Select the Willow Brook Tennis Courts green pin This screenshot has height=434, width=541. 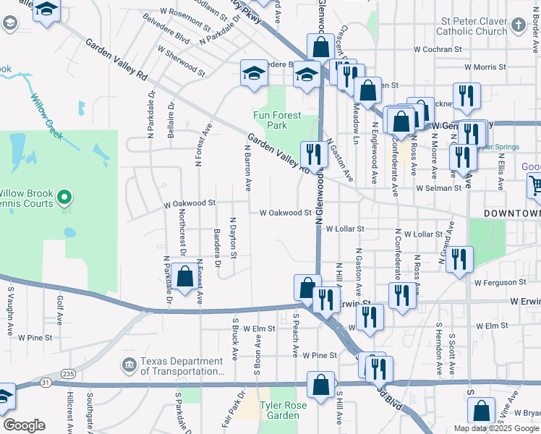coord(64,197)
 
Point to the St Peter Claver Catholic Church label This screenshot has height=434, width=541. coord(472,27)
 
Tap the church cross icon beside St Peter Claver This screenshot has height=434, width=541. coord(518,25)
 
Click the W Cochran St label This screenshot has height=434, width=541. coord(437,49)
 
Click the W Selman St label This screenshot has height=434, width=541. coord(438,188)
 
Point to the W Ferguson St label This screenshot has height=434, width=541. coord(499,282)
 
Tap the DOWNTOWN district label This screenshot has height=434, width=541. coord(511,214)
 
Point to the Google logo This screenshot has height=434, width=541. coord(24,425)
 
